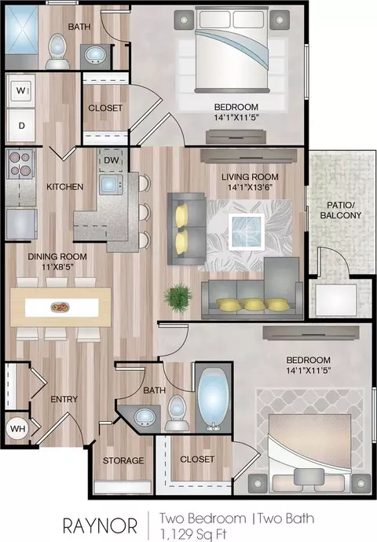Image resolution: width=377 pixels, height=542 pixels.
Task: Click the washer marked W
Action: [x=21, y=91]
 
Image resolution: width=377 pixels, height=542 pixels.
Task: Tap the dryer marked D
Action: [x=21, y=125]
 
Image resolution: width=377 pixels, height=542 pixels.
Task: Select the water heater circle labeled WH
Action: [x=17, y=429]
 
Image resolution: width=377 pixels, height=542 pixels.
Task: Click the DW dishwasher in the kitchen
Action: [x=111, y=160]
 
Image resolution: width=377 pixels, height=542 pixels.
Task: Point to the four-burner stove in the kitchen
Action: [x=20, y=164]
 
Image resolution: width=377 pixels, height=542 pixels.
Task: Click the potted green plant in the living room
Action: [x=178, y=298]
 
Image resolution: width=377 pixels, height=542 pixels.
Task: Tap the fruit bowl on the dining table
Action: [x=60, y=307]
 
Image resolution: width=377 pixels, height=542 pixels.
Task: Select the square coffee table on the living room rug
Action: [x=247, y=231]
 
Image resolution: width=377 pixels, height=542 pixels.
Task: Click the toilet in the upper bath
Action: [x=57, y=52]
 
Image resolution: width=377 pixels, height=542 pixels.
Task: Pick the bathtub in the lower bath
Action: [x=213, y=398]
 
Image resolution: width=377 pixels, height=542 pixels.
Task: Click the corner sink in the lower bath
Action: [x=145, y=417]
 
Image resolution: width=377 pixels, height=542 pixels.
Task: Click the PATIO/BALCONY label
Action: [x=341, y=211]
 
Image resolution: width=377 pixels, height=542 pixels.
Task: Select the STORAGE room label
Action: [x=123, y=460]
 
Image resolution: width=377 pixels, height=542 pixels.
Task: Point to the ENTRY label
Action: [x=64, y=399]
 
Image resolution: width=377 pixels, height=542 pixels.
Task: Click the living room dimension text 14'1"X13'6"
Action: [x=251, y=188]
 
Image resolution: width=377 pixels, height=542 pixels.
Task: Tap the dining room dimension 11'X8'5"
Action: [x=57, y=267]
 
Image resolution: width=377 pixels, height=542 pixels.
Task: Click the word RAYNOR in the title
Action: [x=100, y=526]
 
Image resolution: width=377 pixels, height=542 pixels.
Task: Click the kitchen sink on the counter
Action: [x=111, y=185]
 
